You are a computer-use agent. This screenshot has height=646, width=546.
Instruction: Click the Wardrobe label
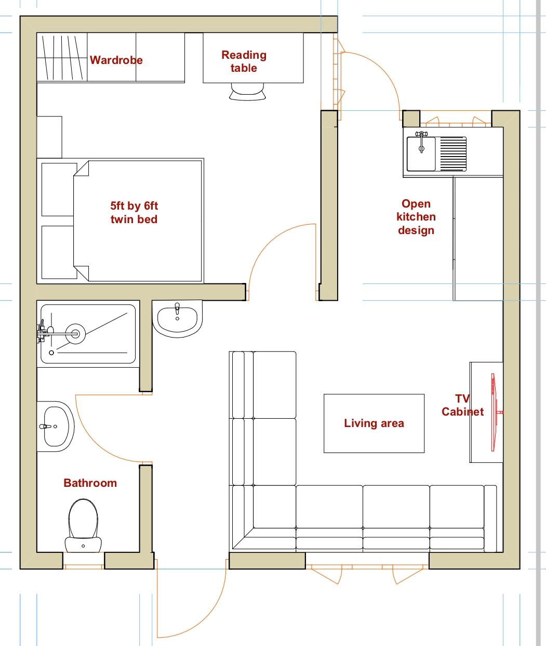(x=116, y=60)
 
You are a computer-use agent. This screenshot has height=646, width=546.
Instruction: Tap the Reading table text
(x=244, y=61)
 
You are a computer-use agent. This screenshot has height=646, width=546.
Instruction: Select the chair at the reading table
(x=248, y=92)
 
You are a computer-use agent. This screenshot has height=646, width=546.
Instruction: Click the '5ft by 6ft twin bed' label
(x=134, y=213)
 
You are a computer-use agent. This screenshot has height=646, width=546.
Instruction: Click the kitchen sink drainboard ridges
(x=454, y=154)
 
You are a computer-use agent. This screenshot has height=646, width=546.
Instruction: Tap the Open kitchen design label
(x=416, y=217)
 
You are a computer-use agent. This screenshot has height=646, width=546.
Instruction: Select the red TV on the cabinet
(x=494, y=412)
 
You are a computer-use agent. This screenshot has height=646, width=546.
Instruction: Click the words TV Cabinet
(x=463, y=405)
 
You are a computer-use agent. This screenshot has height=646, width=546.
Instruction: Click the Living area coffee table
(x=374, y=423)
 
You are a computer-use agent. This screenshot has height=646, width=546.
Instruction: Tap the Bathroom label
(x=90, y=483)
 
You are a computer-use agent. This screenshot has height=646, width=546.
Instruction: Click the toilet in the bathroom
(x=83, y=526)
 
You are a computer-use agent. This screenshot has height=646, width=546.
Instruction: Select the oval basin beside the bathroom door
(x=56, y=427)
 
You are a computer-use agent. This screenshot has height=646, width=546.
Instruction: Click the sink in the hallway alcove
(x=177, y=319)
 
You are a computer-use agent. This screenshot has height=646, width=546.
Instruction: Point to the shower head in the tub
(x=75, y=334)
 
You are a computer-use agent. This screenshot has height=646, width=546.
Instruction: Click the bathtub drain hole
(x=51, y=353)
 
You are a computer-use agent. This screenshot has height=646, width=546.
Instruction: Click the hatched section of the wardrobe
(x=62, y=58)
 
